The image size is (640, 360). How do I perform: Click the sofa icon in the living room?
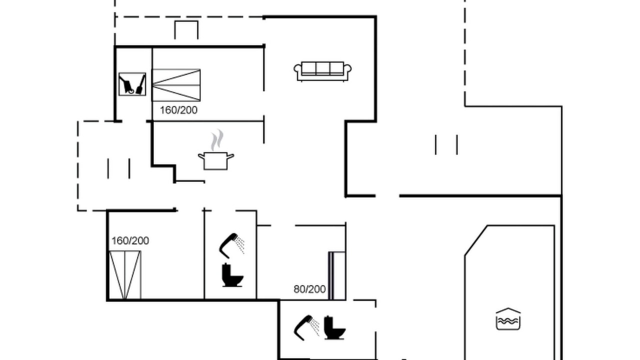(x=322, y=71)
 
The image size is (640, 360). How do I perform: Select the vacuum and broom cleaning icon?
(x=132, y=84)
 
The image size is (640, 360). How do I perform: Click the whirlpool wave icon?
(x=508, y=319)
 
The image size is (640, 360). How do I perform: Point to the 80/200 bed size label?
(x=309, y=289)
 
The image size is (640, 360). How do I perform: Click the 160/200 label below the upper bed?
(x=178, y=110)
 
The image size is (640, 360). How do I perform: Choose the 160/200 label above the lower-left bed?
(x=130, y=241)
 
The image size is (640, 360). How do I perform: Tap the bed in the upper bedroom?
(x=176, y=85)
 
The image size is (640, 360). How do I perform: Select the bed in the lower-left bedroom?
(x=125, y=275)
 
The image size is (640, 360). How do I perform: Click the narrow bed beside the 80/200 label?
(x=337, y=275)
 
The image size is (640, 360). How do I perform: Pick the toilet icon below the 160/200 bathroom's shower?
(x=232, y=275)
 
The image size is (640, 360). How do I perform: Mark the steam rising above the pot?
(x=217, y=140)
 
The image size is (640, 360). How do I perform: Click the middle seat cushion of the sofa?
(x=322, y=68)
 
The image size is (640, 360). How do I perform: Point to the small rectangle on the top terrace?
(x=186, y=30)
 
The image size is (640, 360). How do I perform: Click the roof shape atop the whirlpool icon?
(x=508, y=310)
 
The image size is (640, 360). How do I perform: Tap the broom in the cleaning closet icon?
(x=140, y=85)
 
